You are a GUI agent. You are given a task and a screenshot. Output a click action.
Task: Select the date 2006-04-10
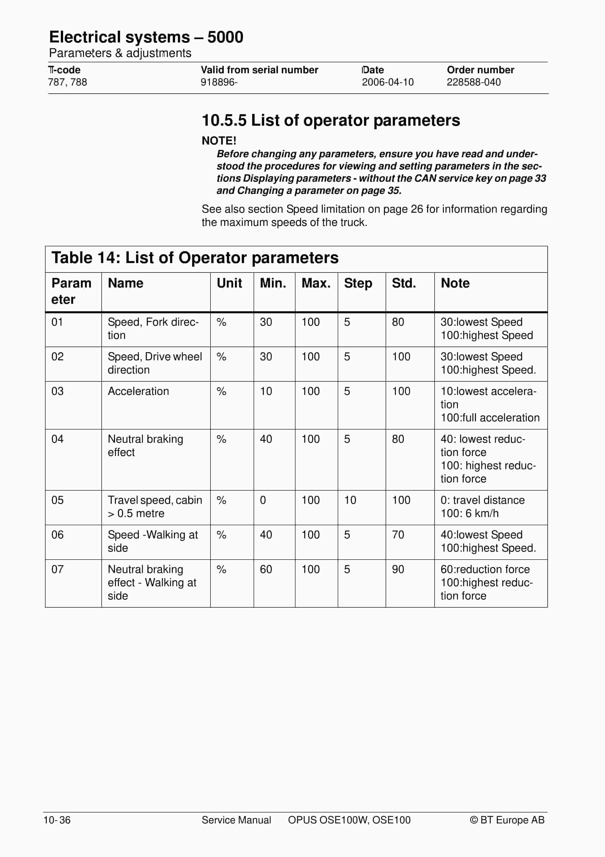click(388, 82)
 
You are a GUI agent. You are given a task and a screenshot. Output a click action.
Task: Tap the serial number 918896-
click(219, 82)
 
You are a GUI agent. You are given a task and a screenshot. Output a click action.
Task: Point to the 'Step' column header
click(358, 283)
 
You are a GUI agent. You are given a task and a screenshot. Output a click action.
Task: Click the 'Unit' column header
click(229, 283)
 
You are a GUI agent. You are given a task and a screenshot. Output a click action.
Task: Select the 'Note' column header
click(455, 283)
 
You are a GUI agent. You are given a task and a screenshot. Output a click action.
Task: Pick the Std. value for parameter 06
click(398, 535)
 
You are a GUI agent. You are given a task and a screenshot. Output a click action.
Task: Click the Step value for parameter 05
click(350, 500)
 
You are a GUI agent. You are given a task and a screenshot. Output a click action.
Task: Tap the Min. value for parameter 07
click(266, 569)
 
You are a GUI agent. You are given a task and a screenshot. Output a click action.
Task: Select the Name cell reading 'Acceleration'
click(138, 391)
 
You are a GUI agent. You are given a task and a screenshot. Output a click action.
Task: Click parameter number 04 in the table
click(57, 439)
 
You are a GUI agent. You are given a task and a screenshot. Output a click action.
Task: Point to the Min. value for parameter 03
click(266, 391)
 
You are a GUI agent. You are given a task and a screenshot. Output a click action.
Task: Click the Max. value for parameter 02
click(310, 357)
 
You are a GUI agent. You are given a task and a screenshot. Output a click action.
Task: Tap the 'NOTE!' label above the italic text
click(219, 141)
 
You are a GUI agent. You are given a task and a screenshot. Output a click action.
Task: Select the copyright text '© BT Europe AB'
click(507, 820)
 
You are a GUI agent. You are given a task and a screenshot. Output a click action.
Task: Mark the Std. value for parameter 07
click(398, 569)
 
